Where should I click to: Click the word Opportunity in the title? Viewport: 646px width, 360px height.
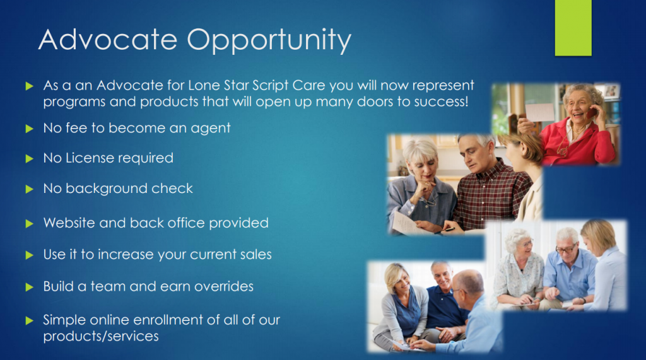coord(269,40)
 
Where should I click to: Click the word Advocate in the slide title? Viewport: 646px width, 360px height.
coord(108,40)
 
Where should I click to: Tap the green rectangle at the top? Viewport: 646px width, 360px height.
coord(573,28)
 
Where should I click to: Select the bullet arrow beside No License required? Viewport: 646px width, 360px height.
coord(29,159)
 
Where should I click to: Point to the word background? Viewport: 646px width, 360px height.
coord(106,189)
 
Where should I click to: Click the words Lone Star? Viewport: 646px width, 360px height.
coord(218,85)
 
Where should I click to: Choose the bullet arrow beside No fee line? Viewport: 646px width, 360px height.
coord(29,129)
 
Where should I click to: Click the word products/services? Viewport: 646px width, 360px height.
coord(101,336)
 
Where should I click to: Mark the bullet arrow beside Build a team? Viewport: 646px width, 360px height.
coord(29,287)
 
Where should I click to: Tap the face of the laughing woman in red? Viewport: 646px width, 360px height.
coord(577,105)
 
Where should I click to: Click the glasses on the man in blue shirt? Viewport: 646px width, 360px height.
coord(566,249)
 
